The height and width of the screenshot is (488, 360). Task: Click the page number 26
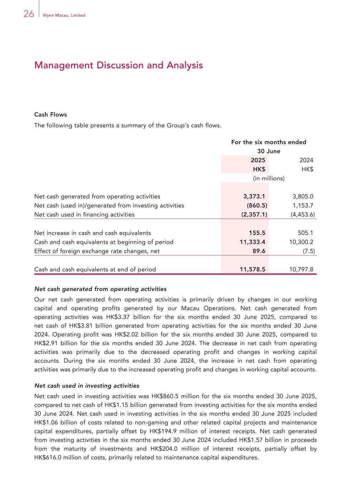tap(29, 14)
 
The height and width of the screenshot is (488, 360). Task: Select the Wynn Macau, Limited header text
tap(64, 15)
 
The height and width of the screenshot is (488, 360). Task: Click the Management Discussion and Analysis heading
tap(118, 65)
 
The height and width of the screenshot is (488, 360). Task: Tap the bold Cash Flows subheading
tap(50, 115)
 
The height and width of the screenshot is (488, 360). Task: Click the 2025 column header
tap(258, 160)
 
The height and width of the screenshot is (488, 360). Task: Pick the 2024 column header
tap(306, 160)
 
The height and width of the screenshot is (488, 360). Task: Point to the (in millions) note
tap(269, 178)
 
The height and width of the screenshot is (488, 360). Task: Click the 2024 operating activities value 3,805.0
tap(303, 196)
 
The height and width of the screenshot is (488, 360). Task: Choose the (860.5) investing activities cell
tap(257, 206)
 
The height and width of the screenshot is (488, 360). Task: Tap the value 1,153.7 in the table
tap(303, 206)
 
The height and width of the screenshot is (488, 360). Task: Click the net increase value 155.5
tap(257, 233)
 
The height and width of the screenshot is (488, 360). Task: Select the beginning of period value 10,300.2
tap(301, 242)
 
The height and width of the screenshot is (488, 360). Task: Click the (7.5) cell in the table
tap(309, 251)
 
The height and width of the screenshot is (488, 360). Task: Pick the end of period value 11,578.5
tap(252, 270)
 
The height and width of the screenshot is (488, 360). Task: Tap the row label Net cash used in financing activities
tap(84, 215)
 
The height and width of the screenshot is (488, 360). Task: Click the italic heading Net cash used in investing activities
tap(87, 386)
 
